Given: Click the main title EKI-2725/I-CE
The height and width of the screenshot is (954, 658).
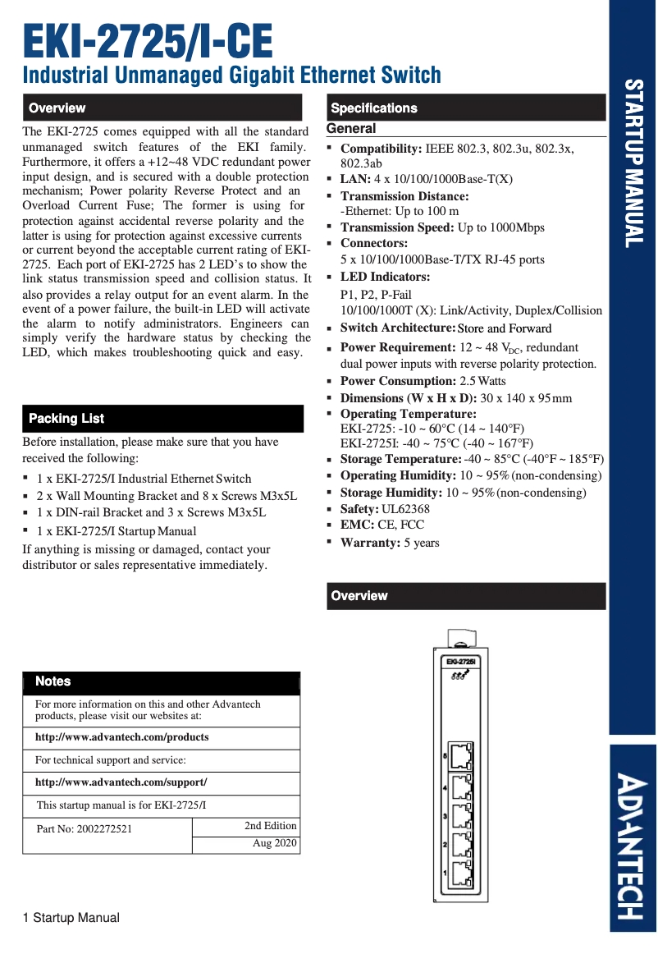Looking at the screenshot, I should pos(148,41).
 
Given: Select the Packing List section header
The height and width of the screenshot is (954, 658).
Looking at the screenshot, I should pos(66,419).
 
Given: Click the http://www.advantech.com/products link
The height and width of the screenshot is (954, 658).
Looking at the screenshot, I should pos(121,737).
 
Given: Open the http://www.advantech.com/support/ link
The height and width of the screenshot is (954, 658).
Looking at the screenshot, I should pos(121,782).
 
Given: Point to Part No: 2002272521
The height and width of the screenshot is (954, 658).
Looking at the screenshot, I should pos(84,829).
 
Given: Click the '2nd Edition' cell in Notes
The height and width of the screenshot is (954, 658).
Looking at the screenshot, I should pos(270,825).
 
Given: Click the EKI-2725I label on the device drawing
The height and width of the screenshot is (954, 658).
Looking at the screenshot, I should pos(461,661).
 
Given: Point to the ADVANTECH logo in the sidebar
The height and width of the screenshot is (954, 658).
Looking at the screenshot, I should pos(633,846).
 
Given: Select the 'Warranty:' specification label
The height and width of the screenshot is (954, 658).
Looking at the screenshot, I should pos(368,543).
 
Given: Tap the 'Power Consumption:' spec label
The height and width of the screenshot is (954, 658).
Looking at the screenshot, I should pos(398,381).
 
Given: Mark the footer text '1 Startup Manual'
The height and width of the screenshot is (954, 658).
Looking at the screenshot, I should pos(71,918).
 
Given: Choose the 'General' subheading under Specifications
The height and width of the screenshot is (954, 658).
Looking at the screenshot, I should pos(351,129).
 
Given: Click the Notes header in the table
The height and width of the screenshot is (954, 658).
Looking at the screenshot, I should pos(53,681).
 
